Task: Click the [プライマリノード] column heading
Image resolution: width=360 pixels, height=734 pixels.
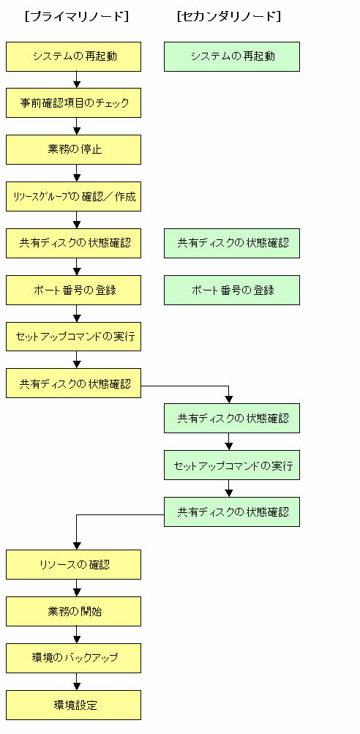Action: click(77, 17)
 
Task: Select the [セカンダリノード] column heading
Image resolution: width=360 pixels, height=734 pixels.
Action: click(229, 17)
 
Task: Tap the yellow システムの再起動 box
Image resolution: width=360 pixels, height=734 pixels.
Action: click(73, 56)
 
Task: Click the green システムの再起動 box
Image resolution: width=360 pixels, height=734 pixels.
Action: click(232, 56)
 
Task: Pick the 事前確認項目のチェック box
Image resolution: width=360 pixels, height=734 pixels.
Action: click(73, 103)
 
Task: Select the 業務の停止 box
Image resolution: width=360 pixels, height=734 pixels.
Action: click(73, 150)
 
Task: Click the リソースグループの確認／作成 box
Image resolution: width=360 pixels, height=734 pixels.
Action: click(73, 197)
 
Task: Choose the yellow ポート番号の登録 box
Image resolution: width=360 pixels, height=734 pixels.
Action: click(73, 291)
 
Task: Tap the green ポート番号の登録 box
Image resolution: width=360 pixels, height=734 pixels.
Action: click(232, 291)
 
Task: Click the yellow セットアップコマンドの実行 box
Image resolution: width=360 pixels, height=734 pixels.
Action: click(73, 337)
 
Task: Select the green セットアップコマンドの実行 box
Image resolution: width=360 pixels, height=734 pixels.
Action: click(232, 465)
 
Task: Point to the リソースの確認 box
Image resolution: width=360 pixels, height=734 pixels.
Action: click(73, 564)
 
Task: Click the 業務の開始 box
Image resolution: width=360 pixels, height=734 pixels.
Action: click(73, 611)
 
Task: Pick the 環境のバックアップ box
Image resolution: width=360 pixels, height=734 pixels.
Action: click(73, 658)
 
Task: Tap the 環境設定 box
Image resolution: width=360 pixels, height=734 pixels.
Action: click(73, 705)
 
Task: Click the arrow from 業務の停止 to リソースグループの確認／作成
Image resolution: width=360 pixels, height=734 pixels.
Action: click(78, 173)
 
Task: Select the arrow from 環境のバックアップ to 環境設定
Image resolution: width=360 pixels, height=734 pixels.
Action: click(78, 681)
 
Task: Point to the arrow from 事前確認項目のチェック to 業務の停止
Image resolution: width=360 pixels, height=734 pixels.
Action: click(78, 127)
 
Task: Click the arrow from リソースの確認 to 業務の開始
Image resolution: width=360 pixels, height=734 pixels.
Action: click(78, 588)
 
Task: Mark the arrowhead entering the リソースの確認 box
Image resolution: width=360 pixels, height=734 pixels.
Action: click(78, 546)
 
